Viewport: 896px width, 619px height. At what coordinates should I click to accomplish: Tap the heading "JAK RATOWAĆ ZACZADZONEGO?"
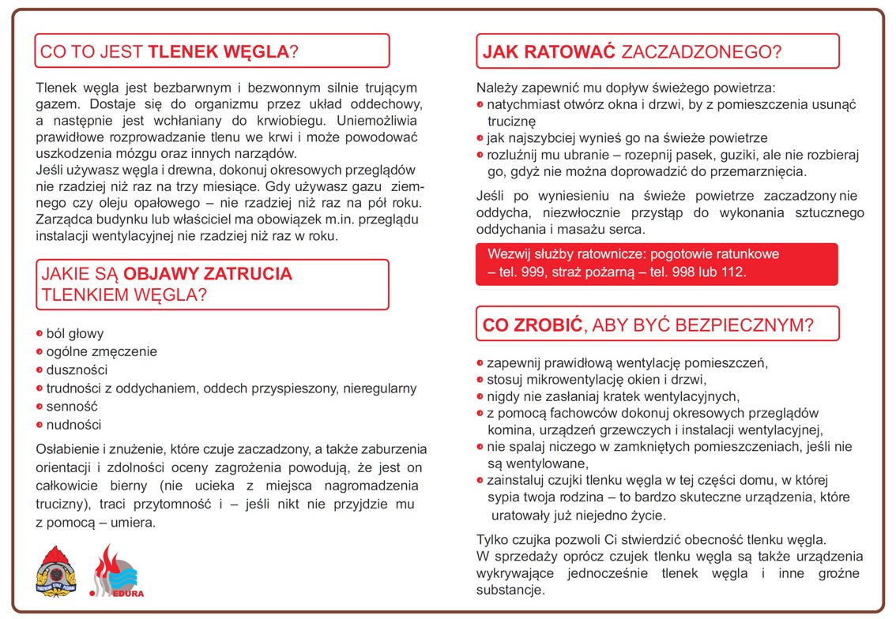[631, 52]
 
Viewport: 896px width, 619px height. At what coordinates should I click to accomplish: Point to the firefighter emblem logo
[56, 569]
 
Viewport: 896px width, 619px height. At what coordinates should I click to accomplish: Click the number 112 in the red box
[734, 272]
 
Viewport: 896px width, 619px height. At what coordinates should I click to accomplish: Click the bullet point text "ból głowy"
[75, 334]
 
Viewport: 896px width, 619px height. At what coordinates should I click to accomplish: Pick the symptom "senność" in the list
[72, 407]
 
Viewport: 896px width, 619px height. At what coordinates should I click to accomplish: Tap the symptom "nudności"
[74, 425]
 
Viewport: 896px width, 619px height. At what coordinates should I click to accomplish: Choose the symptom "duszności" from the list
[77, 370]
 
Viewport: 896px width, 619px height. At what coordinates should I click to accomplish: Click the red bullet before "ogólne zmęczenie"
[40, 352]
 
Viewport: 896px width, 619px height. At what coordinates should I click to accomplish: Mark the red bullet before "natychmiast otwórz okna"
[480, 105]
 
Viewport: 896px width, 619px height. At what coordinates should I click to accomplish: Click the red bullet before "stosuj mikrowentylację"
[480, 381]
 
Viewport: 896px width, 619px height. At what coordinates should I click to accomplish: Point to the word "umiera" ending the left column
[134, 523]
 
